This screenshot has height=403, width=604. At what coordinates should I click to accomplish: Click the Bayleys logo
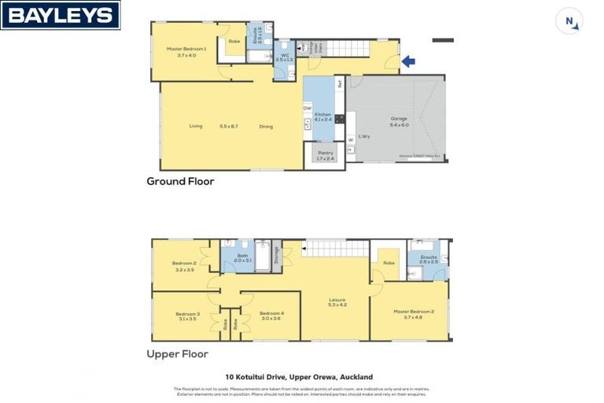(61, 15)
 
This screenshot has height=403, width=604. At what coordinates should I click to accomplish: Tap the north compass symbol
(569, 21)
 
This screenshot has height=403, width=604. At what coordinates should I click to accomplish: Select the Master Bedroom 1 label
(186, 51)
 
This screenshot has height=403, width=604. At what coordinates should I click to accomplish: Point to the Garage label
(399, 121)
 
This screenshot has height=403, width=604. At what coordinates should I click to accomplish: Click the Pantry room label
(325, 155)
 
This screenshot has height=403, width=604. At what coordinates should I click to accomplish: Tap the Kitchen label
(323, 116)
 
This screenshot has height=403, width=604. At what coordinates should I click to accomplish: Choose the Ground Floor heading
(180, 181)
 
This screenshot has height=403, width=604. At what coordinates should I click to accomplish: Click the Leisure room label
(337, 301)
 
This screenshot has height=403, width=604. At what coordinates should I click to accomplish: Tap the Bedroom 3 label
(187, 316)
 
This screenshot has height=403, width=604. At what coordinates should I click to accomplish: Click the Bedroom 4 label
(271, 316)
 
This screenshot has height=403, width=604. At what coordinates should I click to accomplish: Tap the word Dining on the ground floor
(266, 126)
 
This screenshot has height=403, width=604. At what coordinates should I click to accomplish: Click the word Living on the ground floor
(196, 126)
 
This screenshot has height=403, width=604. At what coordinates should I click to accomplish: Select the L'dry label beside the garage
(364, 137)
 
